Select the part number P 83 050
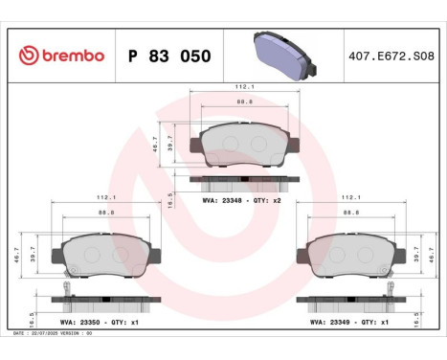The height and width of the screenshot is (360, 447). (x=168, y=55)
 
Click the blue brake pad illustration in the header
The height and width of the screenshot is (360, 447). (x=282, y=54)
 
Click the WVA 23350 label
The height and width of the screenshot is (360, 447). (x=77, y=323)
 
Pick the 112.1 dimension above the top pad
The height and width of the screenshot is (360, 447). (x=244, y=89)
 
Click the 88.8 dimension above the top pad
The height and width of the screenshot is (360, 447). (x=244, y=101)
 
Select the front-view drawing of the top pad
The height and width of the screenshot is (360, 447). (x=244, y=146)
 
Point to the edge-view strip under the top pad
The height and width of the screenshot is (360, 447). (x=244, y=180)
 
